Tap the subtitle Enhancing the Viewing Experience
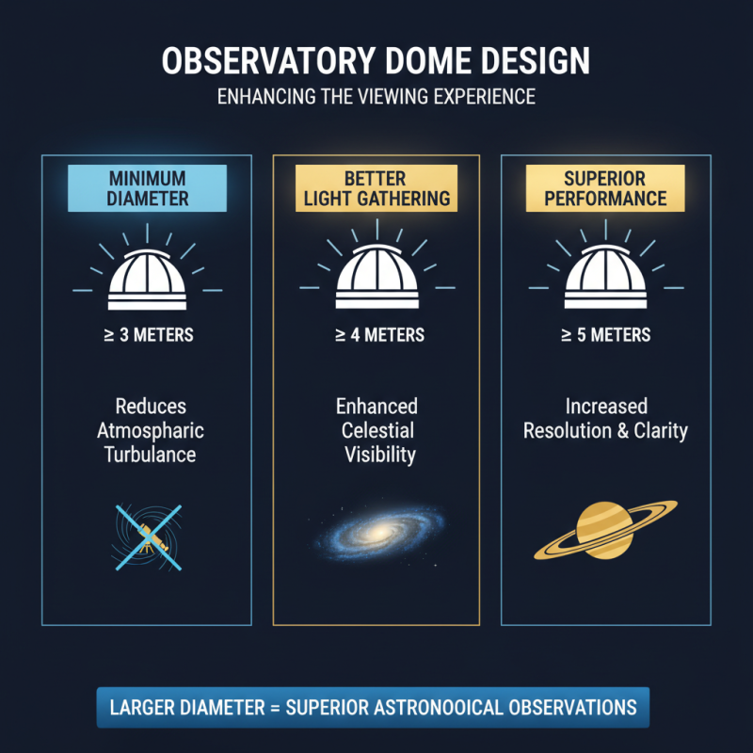pos(376,98)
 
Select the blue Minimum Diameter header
pos(147,186)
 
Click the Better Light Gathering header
pos(376,186)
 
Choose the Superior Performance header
pos(605,186)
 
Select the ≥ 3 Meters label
pos(147,335)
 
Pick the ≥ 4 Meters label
pos(376,335)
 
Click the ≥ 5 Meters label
pos(605,335)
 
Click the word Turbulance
pos(151,455)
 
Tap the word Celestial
pos(376,431)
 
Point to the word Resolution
pos(569,431)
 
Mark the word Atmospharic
pos(151,431)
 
